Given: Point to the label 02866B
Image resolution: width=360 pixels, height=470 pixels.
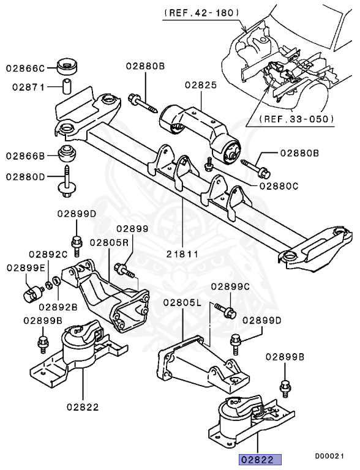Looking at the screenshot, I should pyautogui.click(x=26, y=156).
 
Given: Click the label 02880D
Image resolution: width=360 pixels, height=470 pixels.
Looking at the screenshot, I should pyautogui.click(x=26, y=176).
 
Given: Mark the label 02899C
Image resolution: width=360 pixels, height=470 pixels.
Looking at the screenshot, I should pyautogui.click(x=231, y=286).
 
